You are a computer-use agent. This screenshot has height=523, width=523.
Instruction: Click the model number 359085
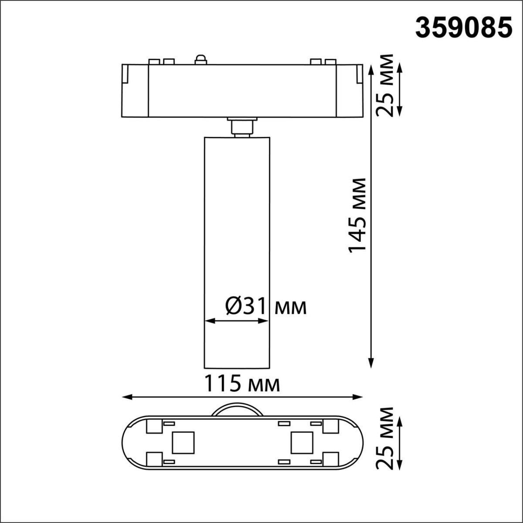(463, 28)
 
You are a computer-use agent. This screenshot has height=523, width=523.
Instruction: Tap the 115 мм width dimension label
(242, 384)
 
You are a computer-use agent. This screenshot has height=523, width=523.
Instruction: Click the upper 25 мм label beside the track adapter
(384, 85)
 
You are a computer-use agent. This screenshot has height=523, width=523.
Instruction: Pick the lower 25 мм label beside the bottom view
(384, 438)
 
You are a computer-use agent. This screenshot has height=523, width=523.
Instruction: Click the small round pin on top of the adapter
(200, 59)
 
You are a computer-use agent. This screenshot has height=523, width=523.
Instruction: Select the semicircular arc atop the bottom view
(237, 410)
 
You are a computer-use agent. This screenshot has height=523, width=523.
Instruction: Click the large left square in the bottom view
(183, 442)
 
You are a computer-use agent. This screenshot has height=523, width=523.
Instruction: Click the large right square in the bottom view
(302, 442)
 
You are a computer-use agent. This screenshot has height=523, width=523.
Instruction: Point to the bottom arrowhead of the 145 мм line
(371, 363)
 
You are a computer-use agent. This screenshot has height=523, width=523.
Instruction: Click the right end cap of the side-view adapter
(350, 91)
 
